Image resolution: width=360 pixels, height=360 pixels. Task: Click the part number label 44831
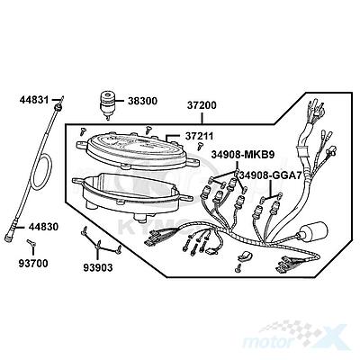click(x=34, y=100)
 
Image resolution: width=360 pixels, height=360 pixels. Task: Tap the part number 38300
click(x=142, y=101)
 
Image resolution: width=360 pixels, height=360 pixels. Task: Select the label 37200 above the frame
click(x=202, y=105)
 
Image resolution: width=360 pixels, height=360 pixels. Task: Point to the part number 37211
click(x=199, y=136)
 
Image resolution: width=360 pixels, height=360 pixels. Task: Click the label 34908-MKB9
click(x=242, y=155)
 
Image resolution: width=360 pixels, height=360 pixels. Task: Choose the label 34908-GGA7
click(x=270, y=175)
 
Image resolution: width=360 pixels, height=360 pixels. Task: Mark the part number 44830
click(x=43, y=227)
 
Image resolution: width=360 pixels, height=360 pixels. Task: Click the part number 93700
click(x=33, y=264)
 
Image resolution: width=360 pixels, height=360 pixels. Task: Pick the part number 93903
click(x=98, y=267)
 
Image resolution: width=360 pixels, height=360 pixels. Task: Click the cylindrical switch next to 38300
click(x=108, y=104)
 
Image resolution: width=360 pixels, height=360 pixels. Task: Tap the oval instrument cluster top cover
click(x=139, y=150)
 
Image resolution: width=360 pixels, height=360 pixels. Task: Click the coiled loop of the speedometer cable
click(x=42, y=171)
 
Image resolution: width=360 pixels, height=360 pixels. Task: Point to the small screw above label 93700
click(x=30, y=242)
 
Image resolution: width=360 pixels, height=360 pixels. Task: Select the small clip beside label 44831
click(x=62, y=99)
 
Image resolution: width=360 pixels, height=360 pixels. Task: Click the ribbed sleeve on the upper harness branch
click(x=301, y=151)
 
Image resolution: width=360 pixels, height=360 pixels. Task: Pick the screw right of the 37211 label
click(x=200, y=147)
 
